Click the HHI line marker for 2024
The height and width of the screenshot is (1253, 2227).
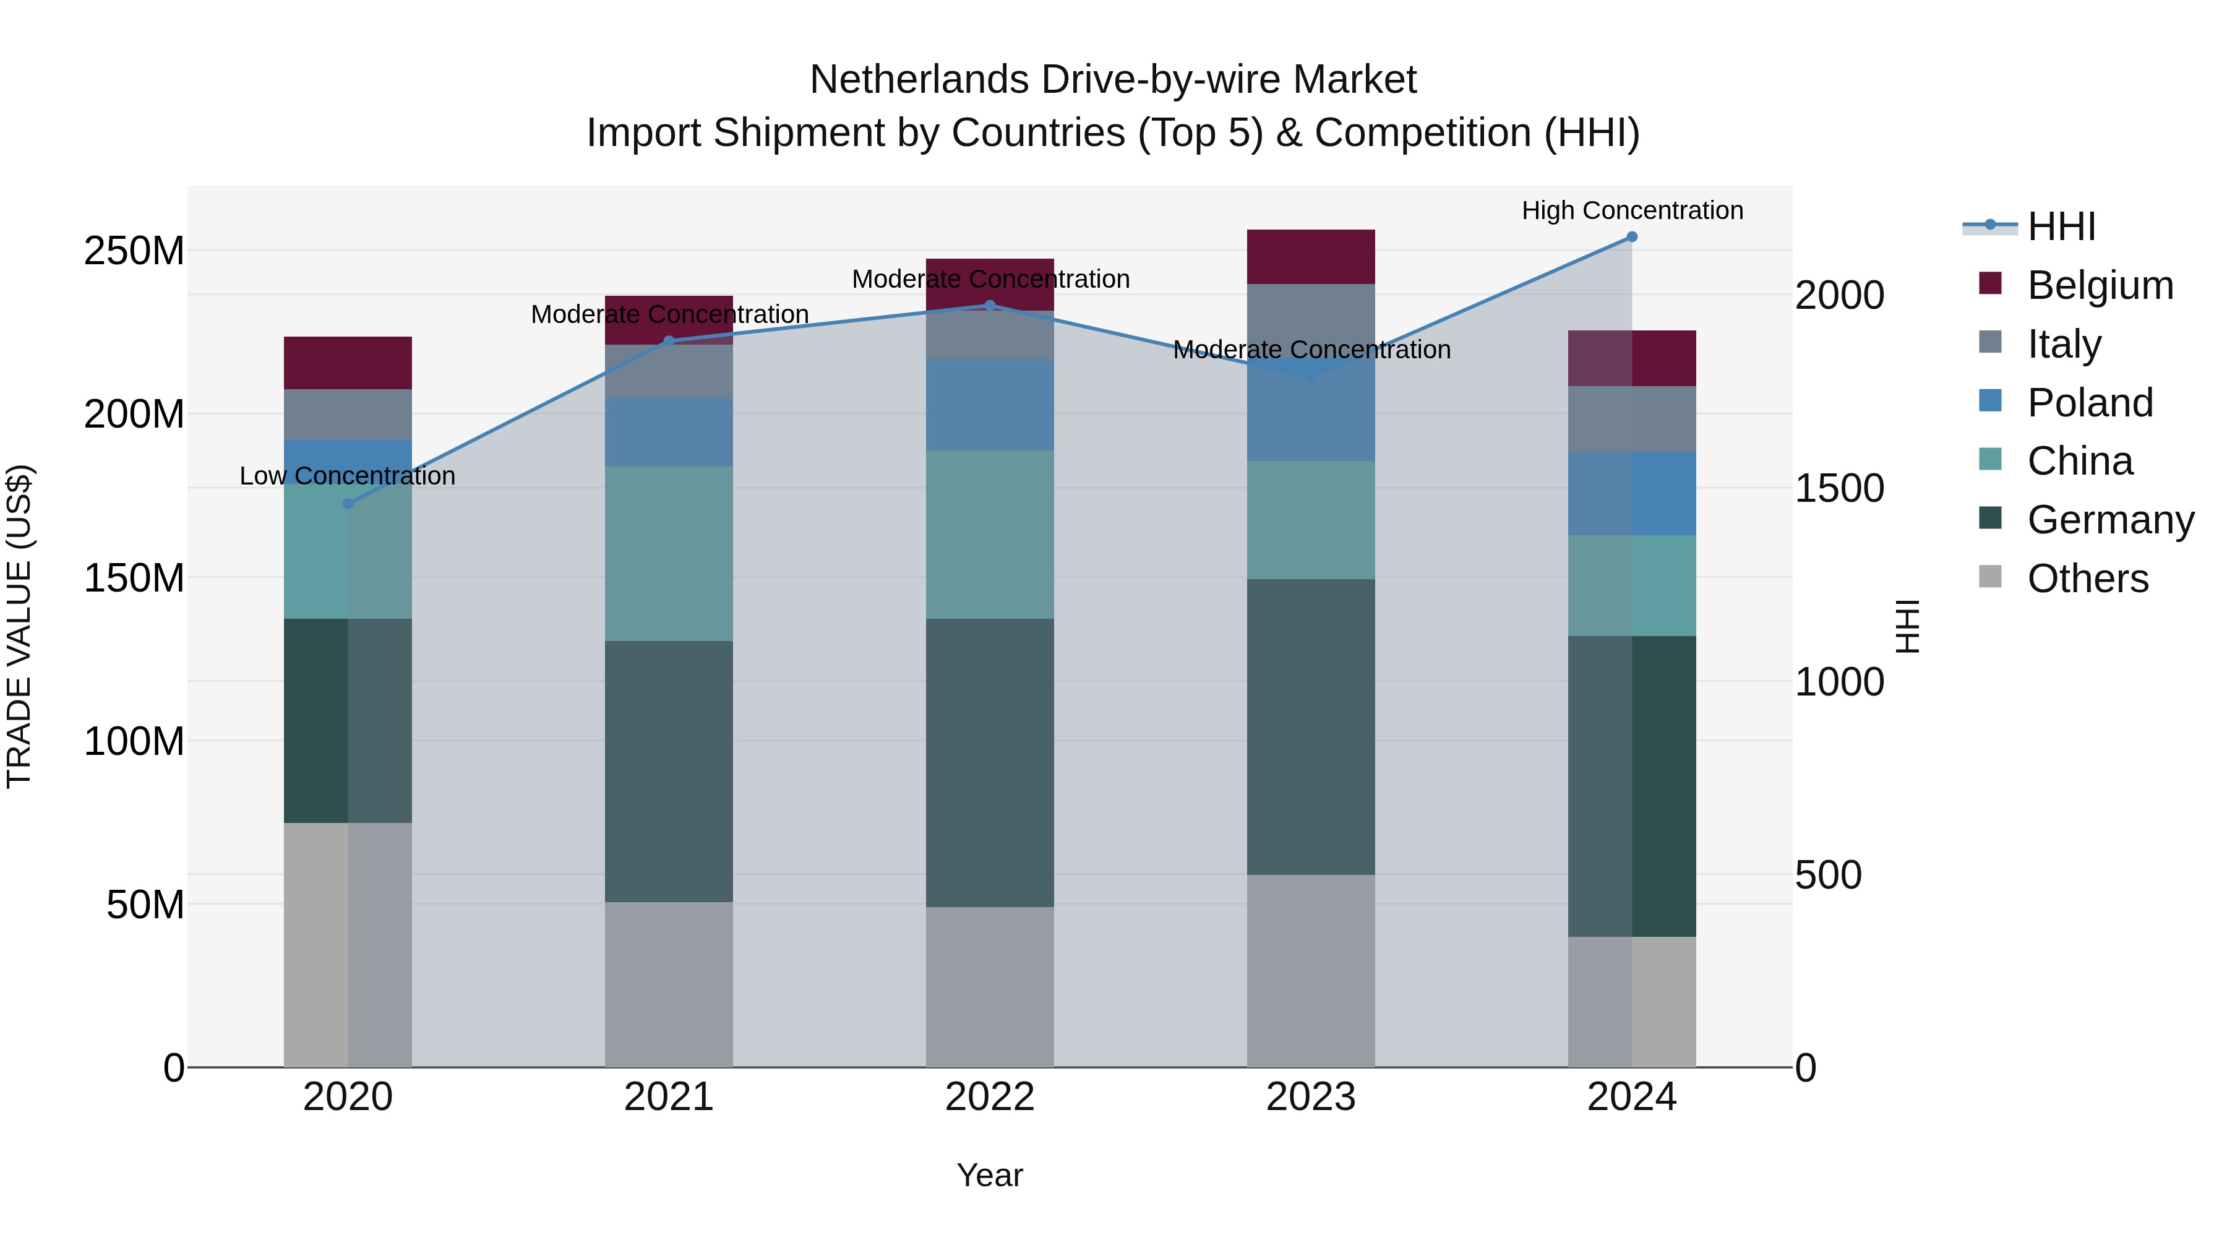pos(1631,237)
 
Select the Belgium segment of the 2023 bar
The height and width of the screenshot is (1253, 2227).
pos(1311,257)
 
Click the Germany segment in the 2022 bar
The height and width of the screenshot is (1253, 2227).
pos(990,763)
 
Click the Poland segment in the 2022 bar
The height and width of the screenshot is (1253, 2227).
pos(990,405)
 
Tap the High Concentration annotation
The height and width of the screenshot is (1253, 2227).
pos(1631,211)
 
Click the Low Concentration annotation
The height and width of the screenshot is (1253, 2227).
pos(348,476)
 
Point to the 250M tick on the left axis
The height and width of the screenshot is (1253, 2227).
pos(134,251)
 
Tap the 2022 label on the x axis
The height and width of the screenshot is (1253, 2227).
pos(990,1097)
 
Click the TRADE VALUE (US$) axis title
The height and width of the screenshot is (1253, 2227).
pos(19,626)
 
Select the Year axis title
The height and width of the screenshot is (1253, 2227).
pos(990,1175)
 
